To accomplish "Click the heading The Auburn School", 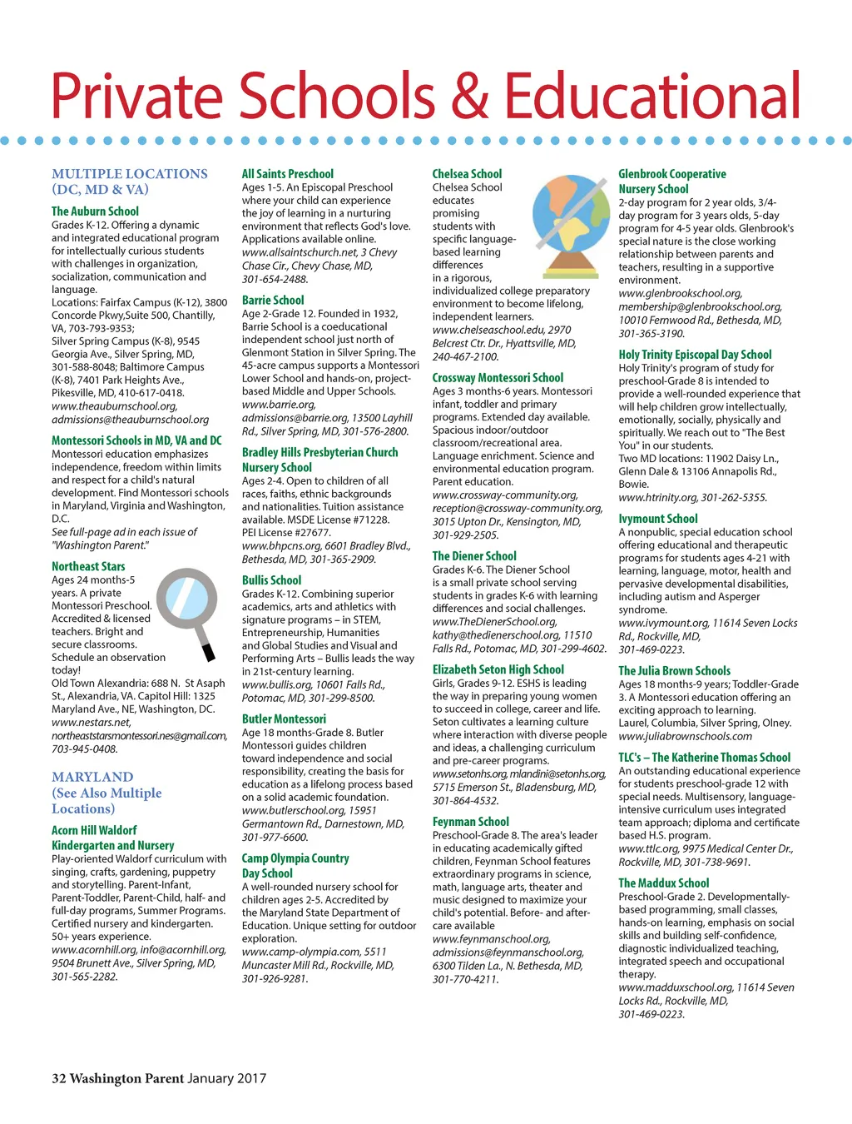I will (95, 211).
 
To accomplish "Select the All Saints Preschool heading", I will (287, 174).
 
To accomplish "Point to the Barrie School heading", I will (273, 300).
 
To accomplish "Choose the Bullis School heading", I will (271, 580).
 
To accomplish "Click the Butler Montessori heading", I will (284, 719).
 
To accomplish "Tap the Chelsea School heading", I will (467, 174).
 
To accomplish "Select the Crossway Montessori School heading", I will (498, 378).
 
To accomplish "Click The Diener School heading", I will (474, 556).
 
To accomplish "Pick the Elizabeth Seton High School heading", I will (498, 669).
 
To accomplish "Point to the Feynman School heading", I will (470, 822).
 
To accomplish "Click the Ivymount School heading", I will (657, 519).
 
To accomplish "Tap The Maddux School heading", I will (663, 883).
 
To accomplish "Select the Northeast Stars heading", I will (88, 566).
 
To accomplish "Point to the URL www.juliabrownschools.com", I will (685, 736).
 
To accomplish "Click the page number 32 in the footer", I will (58, 1079).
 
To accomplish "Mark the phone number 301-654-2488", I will (275, 279).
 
